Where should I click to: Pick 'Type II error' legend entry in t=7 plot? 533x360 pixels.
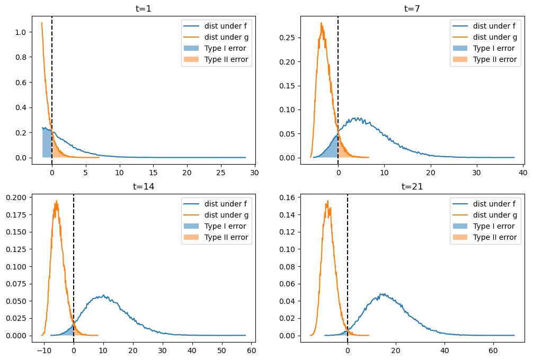pos(494,59)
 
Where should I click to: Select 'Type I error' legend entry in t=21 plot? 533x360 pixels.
pos(493,226)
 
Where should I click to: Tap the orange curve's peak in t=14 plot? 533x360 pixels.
pos(57,201)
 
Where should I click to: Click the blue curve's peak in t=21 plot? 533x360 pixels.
pos(381,294)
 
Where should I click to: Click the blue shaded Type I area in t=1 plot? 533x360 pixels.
pos(47,143)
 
